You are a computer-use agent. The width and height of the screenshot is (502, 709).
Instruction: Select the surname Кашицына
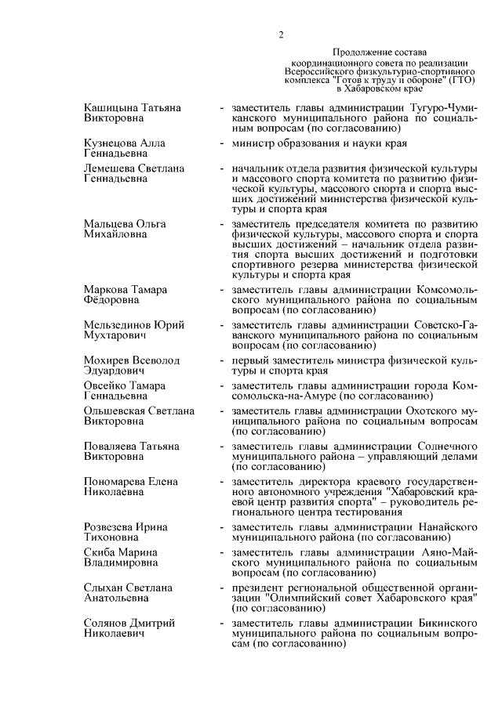tap(111, 106)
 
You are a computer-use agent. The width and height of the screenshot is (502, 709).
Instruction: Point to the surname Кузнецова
tap(112, 144)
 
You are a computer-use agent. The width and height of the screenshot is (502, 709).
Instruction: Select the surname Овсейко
tap(107, 385)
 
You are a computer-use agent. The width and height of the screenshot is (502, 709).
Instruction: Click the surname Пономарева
tap(115, 481)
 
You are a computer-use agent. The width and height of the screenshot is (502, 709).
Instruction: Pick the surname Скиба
tap(99, 552)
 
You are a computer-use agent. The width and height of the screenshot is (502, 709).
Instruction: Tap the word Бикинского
tap(441, 623)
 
